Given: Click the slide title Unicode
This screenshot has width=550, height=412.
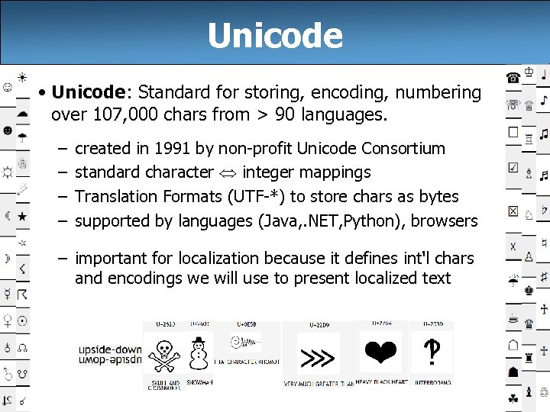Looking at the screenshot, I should pos(275,35).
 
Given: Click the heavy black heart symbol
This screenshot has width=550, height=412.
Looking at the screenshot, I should pos(380,352).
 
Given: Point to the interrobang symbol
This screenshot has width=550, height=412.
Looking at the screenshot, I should pos(432,352).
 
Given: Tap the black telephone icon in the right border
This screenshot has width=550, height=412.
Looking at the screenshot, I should pos(513,77).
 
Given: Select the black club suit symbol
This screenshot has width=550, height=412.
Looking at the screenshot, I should pos(513,398).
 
